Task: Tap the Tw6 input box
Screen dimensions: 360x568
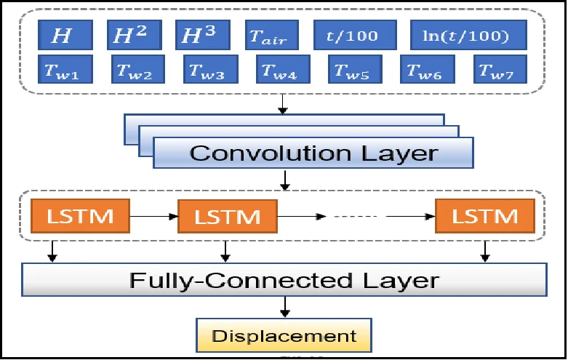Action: click(x=427, y=70)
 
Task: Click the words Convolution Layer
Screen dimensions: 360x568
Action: click(x=313, y=153)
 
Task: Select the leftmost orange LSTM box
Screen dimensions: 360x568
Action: click(x=79, y=215)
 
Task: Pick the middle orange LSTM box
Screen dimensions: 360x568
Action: click(x=228, y=216)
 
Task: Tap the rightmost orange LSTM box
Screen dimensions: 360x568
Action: click(x=484, y=215)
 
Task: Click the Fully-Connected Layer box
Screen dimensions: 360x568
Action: click(x=284, y=280)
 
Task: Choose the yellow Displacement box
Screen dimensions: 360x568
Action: click(x=284, y=336)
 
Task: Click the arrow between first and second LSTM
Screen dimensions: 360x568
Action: click(x=153, y=216)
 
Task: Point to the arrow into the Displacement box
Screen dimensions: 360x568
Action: click(x=284, y=308)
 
